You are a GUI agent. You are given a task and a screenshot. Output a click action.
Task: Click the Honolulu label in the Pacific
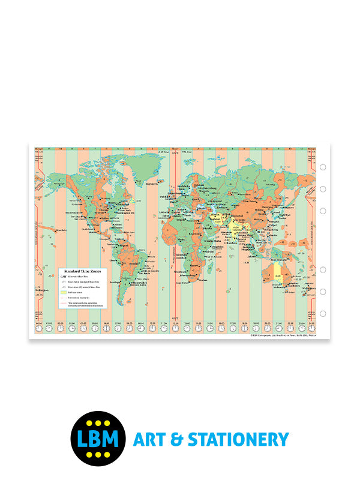(x=59, y=230)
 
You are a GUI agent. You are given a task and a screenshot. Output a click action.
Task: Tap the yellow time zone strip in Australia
(x=277, y=273)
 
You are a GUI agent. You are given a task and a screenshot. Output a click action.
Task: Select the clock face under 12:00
(x=176, y=328)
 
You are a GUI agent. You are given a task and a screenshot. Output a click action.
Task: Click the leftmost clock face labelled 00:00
(x=39, y=328)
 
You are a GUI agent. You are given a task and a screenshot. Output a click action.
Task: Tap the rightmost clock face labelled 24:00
(x=313, y=328)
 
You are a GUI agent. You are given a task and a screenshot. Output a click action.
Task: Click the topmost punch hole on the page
(x=323, y=167)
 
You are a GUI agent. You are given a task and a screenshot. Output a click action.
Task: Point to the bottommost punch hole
(x=323, y=313)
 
